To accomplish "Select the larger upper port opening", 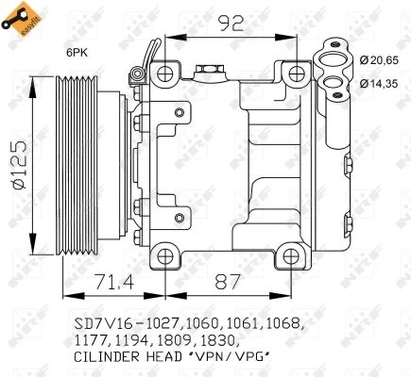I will point(335,59).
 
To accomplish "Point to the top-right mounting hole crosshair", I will point(298,74).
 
